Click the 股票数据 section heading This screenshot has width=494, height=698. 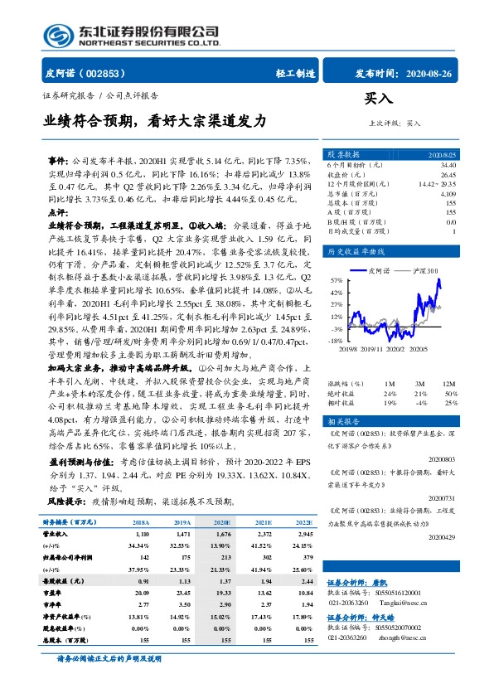point(344,154)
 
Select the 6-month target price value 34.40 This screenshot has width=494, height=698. point(447,166)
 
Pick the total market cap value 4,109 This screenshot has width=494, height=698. point(447,193)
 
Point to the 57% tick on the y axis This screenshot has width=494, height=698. point(335,280)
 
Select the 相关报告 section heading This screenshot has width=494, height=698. point(344,420)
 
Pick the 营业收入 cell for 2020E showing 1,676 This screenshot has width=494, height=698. point(225,537)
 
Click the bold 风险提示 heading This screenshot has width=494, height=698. point(67,502)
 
